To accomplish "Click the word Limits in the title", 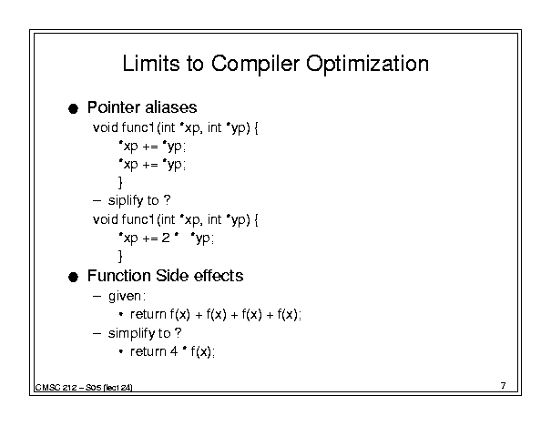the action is coord(151,64).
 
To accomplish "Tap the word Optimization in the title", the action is coord(367,65).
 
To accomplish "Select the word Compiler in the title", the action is coord(256,65).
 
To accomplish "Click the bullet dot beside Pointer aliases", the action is coord(73,108).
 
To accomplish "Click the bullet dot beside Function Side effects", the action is coord(73,277).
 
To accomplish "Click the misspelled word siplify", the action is coord(126,201).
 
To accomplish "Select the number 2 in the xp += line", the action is coord(166,238).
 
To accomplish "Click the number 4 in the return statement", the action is coord(174,351).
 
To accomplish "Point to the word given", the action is coord(125,297).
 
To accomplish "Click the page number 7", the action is coord(504,386).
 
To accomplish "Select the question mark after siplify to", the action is coord(168,200).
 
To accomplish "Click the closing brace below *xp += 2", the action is coord(120,256).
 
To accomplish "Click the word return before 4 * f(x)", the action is coord(148,351).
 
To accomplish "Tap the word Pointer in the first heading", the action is coord(114,107).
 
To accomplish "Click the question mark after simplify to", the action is coord(179,332).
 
